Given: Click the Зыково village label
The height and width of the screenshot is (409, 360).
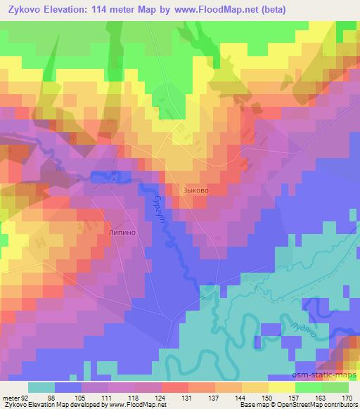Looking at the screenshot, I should click(195, 190).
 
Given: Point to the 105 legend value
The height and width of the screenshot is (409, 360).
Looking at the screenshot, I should click(88, 398).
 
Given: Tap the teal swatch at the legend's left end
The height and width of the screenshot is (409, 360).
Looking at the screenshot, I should click(41, 387).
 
